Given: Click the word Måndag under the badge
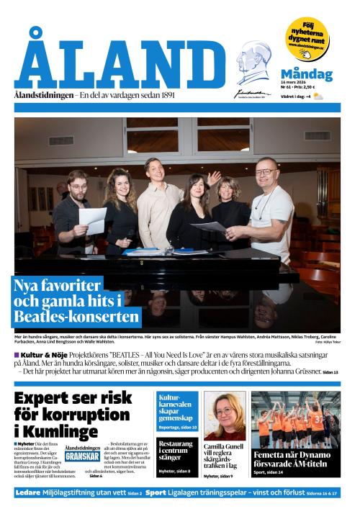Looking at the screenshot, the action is [306, 74].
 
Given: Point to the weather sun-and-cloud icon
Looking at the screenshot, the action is [318, 96].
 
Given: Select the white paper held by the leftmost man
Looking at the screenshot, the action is [92, 220].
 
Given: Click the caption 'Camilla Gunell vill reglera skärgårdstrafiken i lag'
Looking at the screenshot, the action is [223, 456].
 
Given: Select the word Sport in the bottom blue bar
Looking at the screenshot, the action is [156, 493].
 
